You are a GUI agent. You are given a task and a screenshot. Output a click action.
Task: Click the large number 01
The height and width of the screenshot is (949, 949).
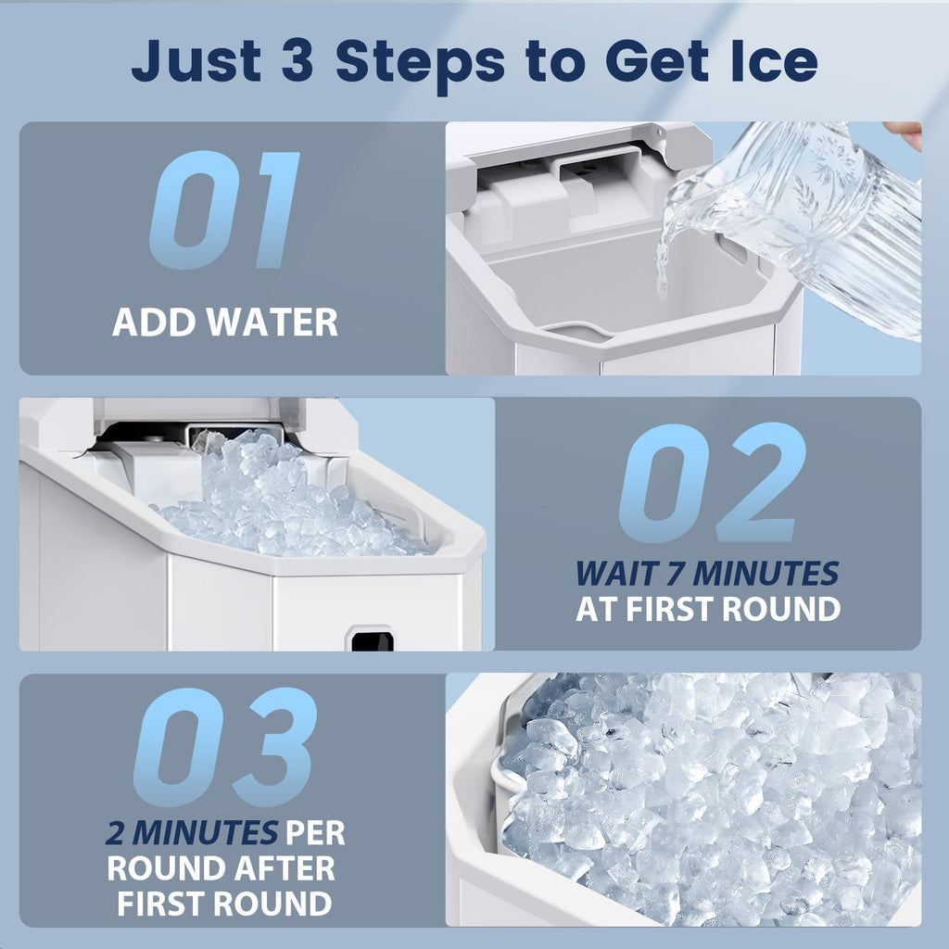click(224, 211)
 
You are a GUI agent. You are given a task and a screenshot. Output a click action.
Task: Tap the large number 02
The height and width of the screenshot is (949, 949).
click(712, 483)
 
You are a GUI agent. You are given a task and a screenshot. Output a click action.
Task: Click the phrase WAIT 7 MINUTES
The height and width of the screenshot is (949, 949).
click(707, 575)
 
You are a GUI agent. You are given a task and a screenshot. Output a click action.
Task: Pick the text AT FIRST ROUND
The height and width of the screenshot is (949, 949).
click(707, 610)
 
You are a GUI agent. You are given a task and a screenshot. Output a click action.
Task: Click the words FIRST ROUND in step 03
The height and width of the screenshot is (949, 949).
click(223, 903)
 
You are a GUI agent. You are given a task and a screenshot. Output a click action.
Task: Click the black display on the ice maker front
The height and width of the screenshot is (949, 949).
click(371, 639)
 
